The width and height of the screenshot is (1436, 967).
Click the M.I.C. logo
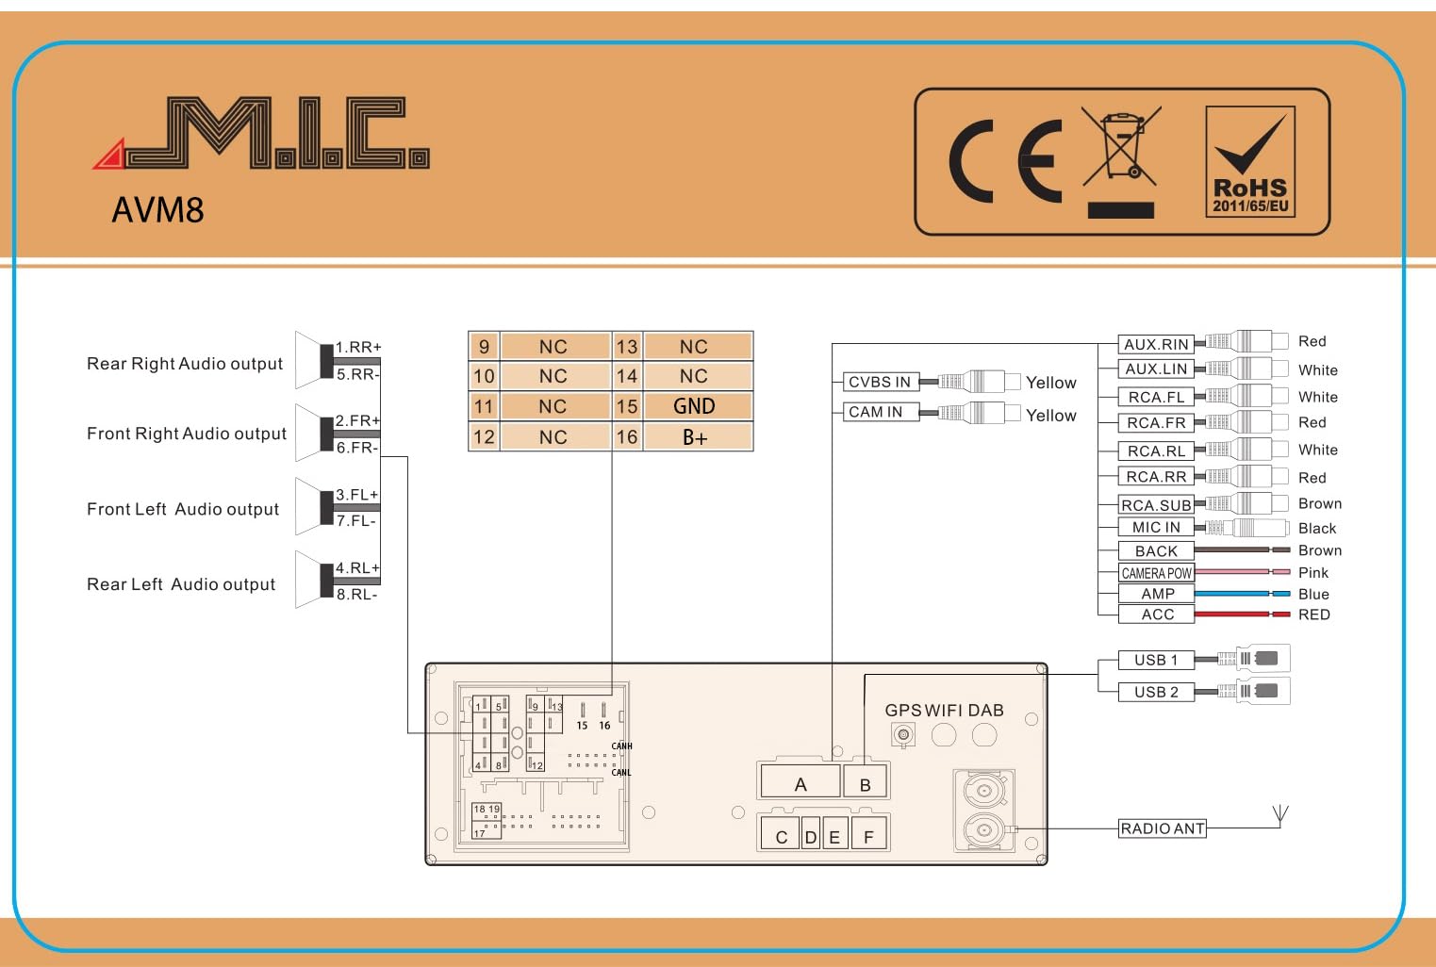coord(261,133)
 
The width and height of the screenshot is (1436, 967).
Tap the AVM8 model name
coord(157,209)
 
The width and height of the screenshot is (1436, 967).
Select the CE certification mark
coord(1004,161)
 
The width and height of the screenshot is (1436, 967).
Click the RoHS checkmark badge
coord(1250,161)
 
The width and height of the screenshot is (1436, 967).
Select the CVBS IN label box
coord(881,382)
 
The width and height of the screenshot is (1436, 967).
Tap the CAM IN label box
coord(881,412)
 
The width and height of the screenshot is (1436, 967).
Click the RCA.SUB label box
coord(1156,505)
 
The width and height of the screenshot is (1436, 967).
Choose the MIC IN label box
coord(1156,528)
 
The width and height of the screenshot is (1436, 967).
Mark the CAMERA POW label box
coord(1156,573)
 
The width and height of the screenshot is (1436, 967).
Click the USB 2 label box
coord(1156,692)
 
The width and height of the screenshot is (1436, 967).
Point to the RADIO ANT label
coord(1163,828)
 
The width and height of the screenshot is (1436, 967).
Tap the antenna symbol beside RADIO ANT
coord(1280,816)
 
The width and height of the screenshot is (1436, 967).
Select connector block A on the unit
coord(801,782)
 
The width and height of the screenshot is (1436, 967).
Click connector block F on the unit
coord(868,833)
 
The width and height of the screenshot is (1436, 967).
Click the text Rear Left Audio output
coord(181,584)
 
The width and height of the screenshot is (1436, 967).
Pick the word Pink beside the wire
coord(1312,573)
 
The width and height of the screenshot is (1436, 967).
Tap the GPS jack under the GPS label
coord(903,734)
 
